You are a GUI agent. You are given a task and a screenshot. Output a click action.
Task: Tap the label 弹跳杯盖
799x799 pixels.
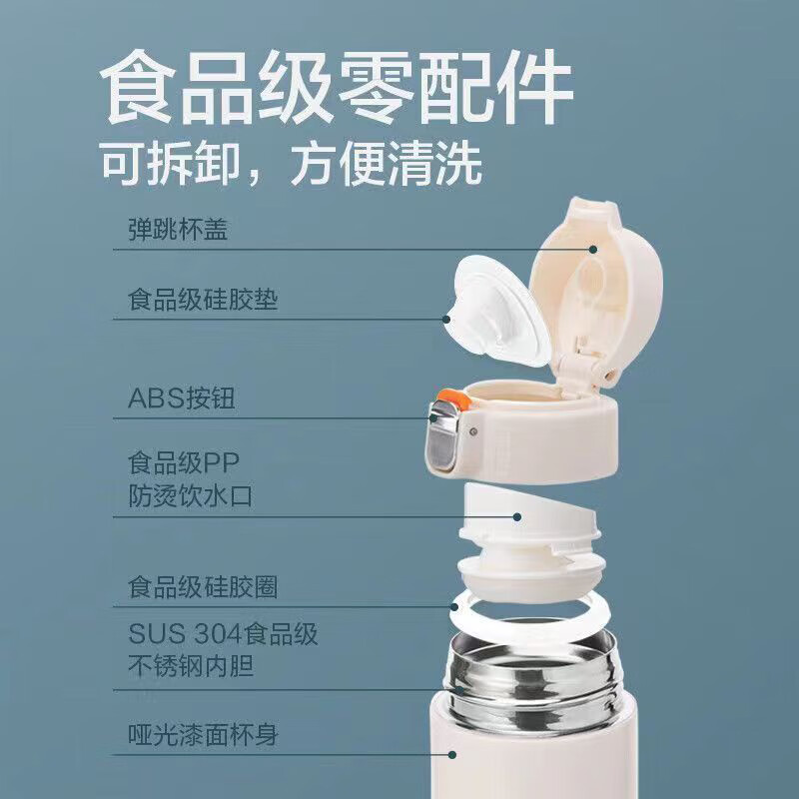179,232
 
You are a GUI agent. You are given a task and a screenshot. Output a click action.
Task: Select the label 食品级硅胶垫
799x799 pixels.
203,300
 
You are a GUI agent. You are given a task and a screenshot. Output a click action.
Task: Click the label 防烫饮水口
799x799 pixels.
190,495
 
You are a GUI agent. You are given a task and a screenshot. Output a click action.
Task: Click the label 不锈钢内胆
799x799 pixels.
190,665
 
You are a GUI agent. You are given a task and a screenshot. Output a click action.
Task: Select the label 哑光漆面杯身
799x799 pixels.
203,737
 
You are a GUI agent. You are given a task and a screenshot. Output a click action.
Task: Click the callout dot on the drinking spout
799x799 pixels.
518,516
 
